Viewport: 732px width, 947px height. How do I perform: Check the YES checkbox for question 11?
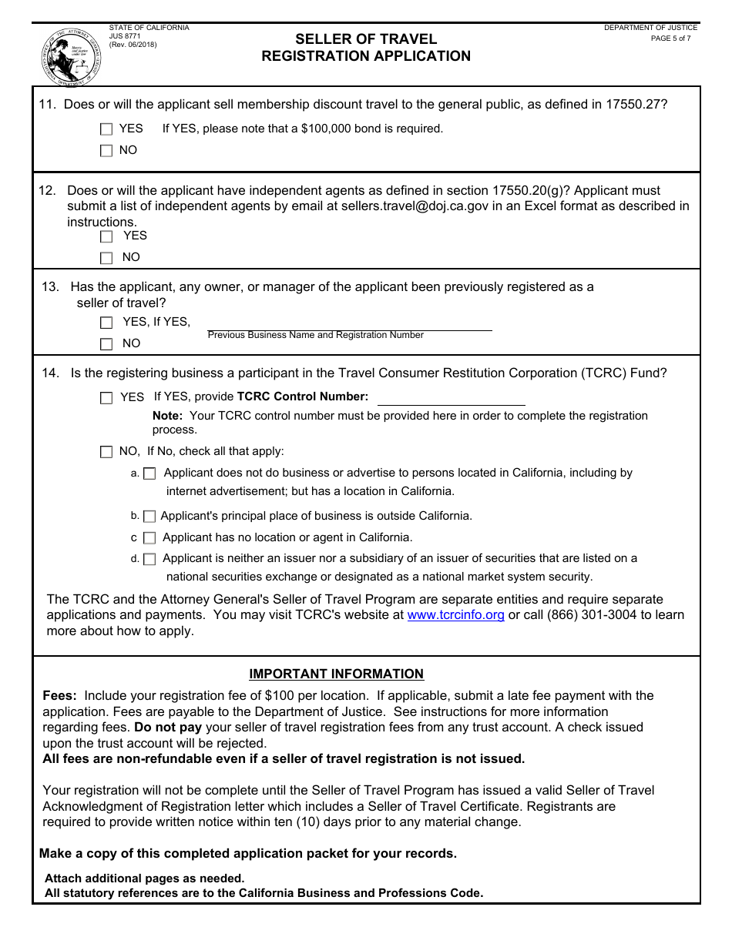point(106,129)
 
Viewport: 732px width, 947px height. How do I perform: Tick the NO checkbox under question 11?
point(106,151)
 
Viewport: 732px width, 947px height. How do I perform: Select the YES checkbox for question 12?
point(106,236)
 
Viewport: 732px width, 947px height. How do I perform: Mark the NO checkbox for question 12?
point(106,258)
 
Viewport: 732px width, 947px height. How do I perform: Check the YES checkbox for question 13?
point(106,323)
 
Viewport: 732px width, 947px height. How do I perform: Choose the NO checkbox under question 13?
point(106,344)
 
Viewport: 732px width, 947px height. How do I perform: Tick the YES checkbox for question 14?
point(106,398)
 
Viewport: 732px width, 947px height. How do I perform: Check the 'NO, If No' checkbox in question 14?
point(106,452)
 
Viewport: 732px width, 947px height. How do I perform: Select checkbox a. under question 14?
point(149,473)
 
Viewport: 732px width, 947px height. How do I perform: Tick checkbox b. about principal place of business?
point(149,517)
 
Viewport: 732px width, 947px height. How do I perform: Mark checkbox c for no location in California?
point(149,538)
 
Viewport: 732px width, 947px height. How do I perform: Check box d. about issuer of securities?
point(149,559)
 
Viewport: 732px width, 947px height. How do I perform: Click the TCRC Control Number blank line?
point(451,398)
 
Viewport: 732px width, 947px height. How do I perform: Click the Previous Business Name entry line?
point(350,324)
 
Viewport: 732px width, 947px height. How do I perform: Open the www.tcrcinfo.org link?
point(455,615)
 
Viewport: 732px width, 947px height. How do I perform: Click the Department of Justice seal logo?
point(71,57)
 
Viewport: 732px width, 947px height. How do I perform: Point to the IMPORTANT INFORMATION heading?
point(336,674)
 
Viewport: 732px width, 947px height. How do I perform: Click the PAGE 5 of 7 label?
point(670,38)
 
